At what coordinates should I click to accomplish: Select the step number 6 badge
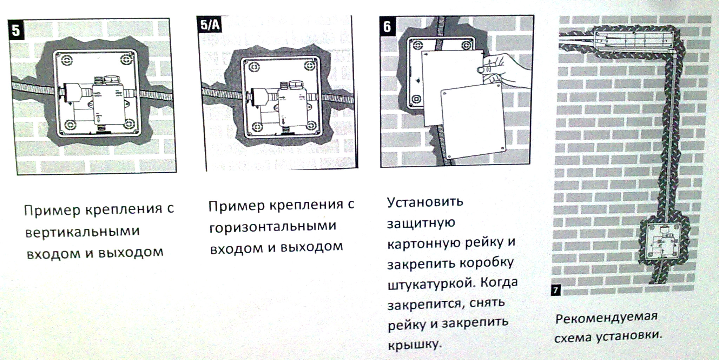point(387,26)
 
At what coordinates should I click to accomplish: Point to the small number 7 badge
point(555,290)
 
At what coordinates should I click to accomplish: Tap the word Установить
point(425,202)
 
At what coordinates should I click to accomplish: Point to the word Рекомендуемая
point(606,318)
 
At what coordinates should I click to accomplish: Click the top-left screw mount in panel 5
point(67,60)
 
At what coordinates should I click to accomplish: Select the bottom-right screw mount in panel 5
point(129,124)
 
